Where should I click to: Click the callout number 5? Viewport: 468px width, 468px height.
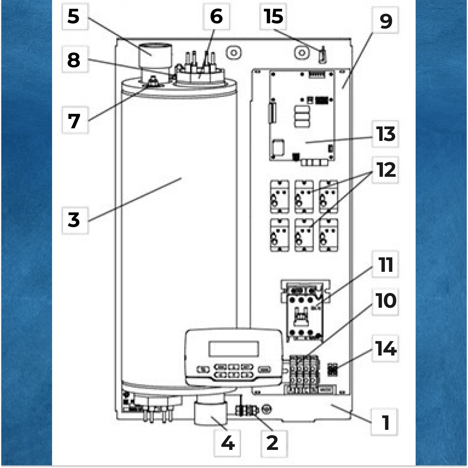[74, 16]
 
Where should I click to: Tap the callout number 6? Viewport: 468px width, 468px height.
[217, 16]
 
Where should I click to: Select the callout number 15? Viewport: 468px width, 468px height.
[273, 16]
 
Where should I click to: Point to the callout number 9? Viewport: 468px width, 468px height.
[386, 21]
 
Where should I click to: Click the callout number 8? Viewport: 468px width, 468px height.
[74, 60]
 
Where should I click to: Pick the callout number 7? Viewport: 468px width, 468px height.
[74, 121]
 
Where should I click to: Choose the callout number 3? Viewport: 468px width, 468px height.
[74, 220]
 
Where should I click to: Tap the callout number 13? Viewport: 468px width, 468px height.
[386, 134]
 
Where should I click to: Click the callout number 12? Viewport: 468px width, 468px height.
[386, 170]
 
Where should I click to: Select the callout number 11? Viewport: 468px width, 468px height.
[386, 264]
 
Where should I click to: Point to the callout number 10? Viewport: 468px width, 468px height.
[386, 301]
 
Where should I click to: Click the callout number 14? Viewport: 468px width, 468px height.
[386, 348]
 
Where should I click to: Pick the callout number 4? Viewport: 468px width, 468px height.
[228, 443]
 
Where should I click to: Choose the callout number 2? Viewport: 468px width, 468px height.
[272, 443]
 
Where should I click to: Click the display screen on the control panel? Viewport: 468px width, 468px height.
[234, 349]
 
